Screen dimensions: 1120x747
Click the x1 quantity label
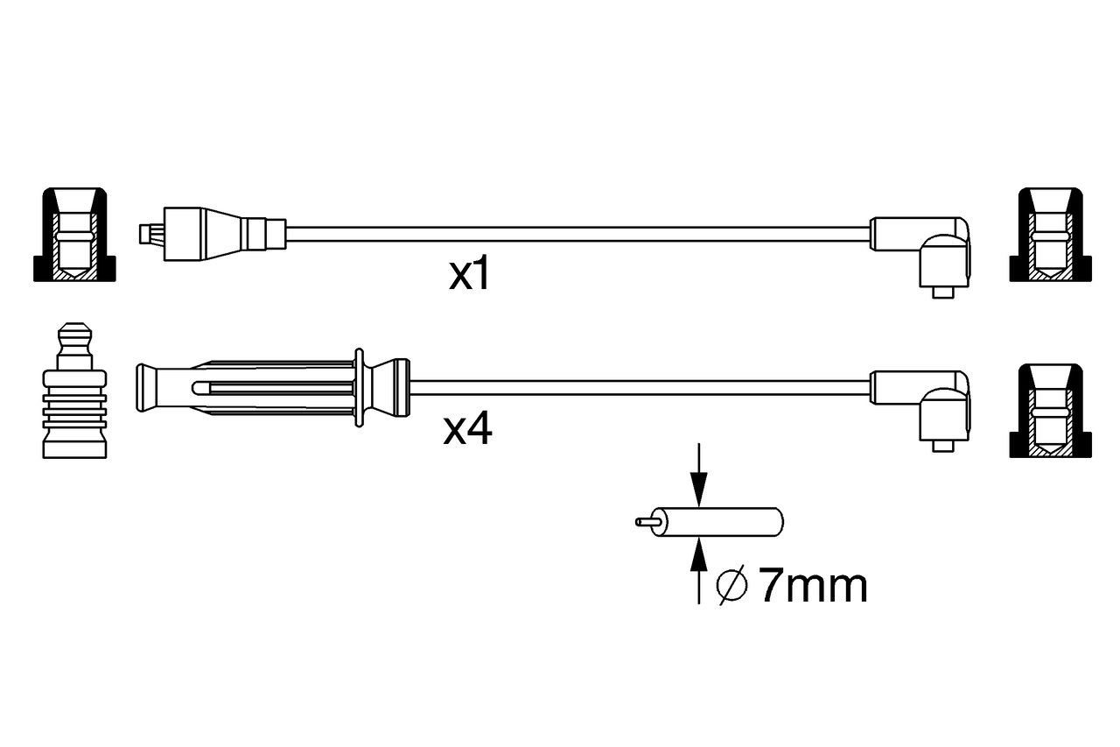click(x=468, y=274)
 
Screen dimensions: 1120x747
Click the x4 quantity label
click(x=467, y=428)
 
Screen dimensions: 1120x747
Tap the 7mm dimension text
click(x=814, y=586)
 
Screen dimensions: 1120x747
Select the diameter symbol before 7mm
click(x=731, y=585)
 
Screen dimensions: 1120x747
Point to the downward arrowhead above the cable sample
click(x=699, y=490)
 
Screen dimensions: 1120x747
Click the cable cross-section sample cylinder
click(x=717, y=522)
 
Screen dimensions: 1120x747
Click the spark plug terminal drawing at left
click(x=74, y=391)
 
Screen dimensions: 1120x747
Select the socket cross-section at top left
click(x=74, y=235)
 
